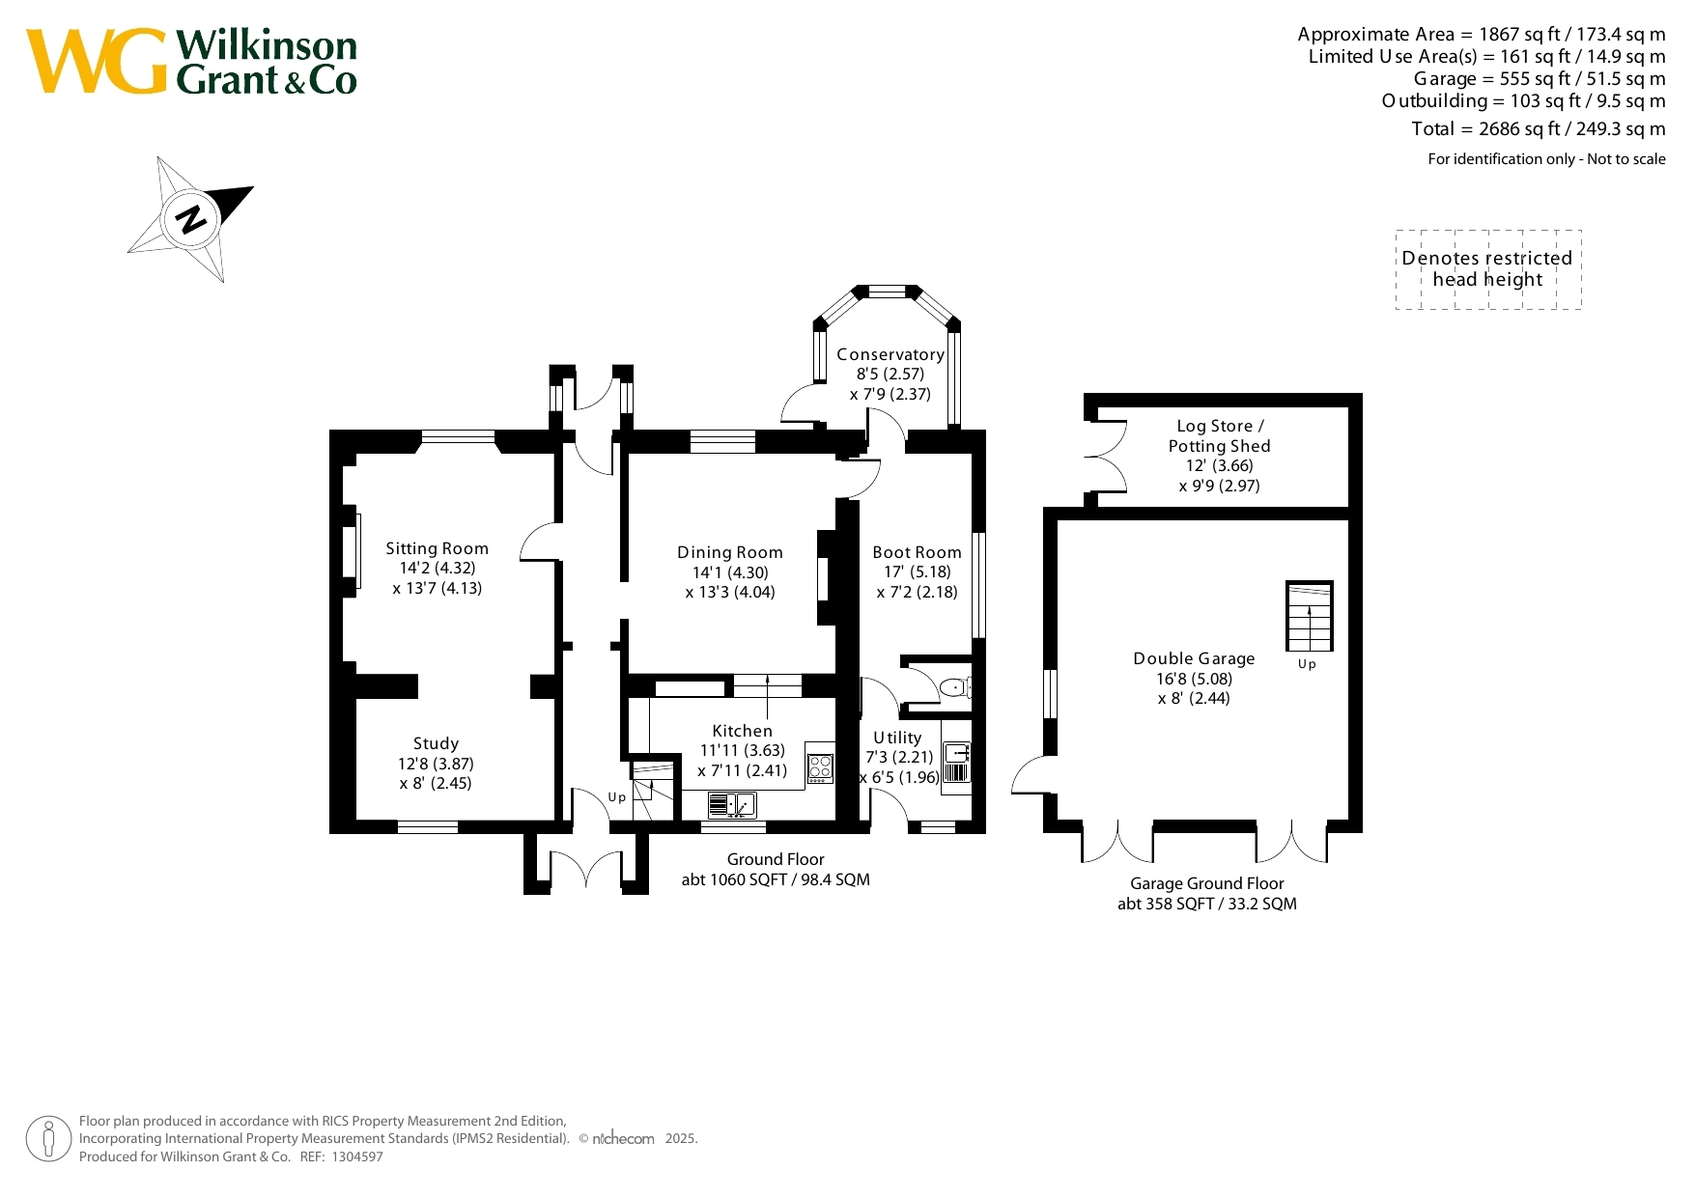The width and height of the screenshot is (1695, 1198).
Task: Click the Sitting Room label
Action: (437, 548)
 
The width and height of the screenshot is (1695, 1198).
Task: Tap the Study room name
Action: (436, 743)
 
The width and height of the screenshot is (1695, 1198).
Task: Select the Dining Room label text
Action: (730, 552)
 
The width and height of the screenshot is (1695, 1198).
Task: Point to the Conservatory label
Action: (890, 354)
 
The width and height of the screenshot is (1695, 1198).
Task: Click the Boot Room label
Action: (917, 552)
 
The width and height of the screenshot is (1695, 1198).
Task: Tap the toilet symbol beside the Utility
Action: (955, 687)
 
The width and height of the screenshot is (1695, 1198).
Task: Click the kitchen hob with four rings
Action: (820, 768)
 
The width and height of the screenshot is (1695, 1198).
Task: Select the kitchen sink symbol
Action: (732, 804)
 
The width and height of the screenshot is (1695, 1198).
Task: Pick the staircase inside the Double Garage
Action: (1310, 616)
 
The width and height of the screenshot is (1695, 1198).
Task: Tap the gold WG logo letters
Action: (97, 61)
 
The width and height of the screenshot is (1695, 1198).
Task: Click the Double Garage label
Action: (1194, 658)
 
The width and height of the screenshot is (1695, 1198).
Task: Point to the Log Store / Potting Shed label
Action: (1220, 435)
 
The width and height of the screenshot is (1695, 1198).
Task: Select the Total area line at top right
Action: (1539, 128)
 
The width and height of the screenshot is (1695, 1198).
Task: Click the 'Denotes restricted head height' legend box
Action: (1488, 269)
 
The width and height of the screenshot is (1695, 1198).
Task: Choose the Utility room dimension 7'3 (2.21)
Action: (899, 757)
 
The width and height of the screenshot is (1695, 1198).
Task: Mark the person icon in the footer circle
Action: (48, 1139)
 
